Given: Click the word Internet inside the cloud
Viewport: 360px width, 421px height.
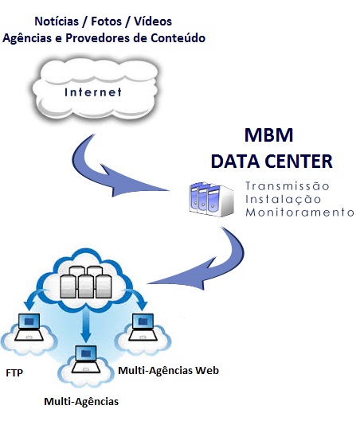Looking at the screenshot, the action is [x=93, y=92].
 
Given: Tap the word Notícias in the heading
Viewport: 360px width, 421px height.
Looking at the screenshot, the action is [x=57, y=21].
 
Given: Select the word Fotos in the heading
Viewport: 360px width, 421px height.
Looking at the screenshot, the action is [x=107, y=21].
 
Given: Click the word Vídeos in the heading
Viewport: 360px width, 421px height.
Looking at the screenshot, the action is [x=153, y=21].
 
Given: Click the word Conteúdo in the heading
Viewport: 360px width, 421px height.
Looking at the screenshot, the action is [x=178, y=38].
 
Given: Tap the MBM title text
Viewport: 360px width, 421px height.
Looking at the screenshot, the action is [x=268, y=135].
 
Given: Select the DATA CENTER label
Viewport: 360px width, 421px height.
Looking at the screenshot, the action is [x=272, y=162].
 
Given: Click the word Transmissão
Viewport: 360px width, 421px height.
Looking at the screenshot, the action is [x=288, y=185].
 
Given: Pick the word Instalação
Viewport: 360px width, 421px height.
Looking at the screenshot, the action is [x=284, y=199].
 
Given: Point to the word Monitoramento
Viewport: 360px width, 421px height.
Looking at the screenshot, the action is [x=299, y=212].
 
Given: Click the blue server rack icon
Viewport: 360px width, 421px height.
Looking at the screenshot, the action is [x=211, y=199].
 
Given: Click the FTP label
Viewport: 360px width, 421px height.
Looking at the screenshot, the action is [x=14, y=373].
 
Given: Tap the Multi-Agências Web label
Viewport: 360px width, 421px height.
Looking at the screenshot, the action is [x=168, y=371].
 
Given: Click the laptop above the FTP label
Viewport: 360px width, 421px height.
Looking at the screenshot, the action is [x=29, y=327].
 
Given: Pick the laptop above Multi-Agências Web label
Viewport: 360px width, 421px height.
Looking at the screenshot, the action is [x=143, y=327].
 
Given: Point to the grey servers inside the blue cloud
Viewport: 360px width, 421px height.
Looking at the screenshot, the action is [x=86, y=282].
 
